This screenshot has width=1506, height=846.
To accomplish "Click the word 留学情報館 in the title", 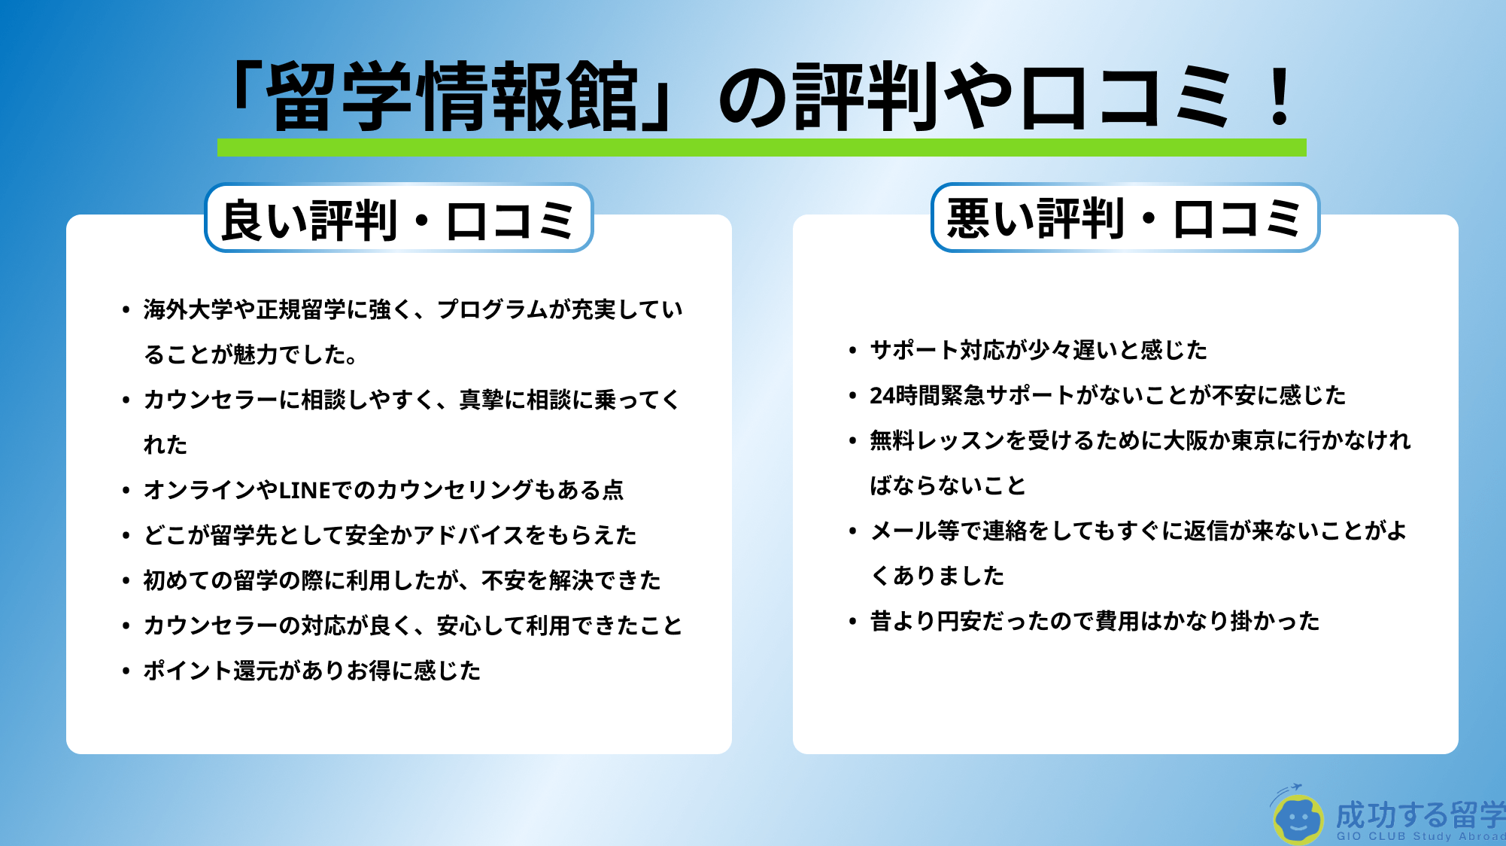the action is [452, 96].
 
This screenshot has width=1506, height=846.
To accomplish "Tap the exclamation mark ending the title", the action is [1280, 96].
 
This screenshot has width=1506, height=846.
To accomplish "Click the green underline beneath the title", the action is [761, 147].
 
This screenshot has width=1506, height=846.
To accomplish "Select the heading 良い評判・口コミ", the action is [399, 220].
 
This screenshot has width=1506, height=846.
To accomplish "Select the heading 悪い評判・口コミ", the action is [1125, 218].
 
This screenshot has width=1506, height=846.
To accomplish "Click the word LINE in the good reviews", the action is [305, 490].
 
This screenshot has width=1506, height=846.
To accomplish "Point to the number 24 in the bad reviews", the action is [882, 395].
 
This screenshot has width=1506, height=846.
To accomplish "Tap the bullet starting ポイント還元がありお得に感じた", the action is [126, 670].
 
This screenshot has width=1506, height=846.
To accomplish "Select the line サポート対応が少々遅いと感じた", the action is [1038, 350].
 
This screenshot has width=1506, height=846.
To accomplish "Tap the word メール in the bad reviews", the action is [903, 531].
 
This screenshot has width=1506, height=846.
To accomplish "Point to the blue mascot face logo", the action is [1298, 818].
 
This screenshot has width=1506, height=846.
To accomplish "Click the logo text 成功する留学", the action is [1420, 814].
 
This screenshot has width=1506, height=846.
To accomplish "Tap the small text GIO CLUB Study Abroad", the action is [1421, 836].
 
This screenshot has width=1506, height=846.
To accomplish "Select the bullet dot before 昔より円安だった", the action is [852, 621].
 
